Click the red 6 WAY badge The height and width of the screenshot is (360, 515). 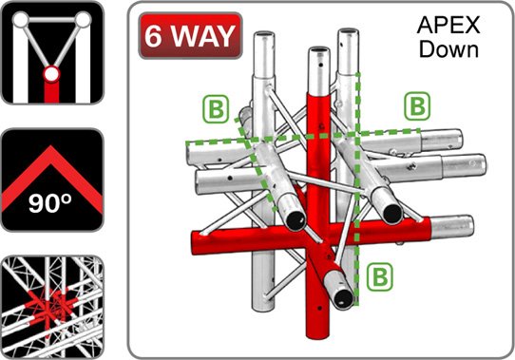tap(190, 35)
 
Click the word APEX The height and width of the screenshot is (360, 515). tap(448, 25)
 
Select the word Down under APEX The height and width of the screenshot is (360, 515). tap(448, 49)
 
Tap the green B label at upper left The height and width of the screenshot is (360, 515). tap(216, 109)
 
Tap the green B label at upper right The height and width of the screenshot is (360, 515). tap(417, 105)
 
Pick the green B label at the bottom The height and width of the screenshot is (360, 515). tap(380, 276)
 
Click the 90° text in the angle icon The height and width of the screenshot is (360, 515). tap(50, 203)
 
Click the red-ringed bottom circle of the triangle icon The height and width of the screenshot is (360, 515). tap(51, 74)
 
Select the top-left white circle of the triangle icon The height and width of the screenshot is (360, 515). tap(21, 19)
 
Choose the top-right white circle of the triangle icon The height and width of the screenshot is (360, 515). tap(83, 19)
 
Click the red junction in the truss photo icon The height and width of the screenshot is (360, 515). tap(50, 305)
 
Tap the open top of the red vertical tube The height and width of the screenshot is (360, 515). tap(319, 51)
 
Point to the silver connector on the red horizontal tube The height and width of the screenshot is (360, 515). tap(452, 227)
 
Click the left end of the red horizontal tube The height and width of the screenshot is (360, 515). tap(196, 243)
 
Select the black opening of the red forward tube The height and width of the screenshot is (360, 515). tap(343, 297)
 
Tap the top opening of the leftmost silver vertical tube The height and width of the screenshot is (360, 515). tap(264, 35)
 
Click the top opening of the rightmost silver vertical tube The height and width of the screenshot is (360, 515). tap(349, 32)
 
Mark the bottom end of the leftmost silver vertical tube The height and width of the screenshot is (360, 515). tap(263, 307)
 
